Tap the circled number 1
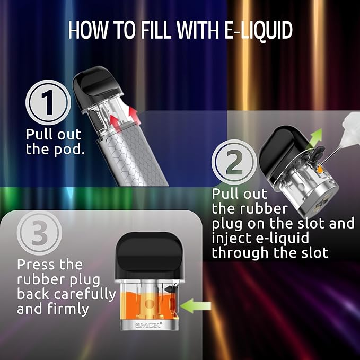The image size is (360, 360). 48,102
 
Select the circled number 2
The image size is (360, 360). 234,162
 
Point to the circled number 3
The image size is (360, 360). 39,233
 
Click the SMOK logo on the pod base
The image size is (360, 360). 148,326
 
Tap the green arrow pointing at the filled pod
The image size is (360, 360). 196,306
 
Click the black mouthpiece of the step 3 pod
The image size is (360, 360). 149,257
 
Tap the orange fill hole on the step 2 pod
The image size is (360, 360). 319,170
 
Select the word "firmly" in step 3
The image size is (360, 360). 68,309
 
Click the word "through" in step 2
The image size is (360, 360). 240,253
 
